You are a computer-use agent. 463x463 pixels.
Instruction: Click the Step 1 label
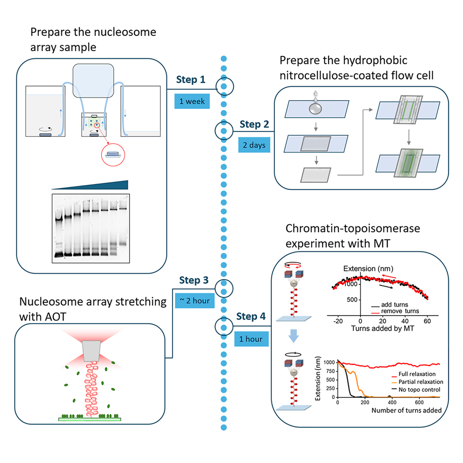(191, 80)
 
